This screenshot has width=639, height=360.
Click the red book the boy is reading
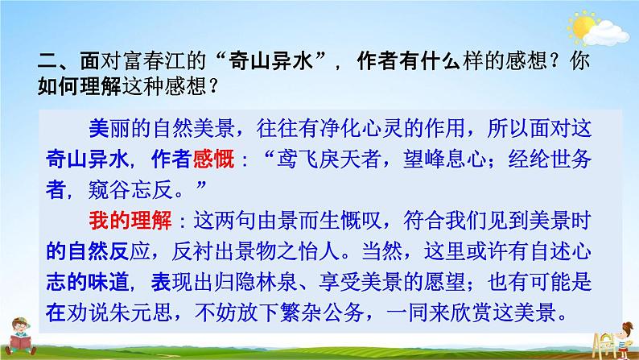point(17,346)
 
